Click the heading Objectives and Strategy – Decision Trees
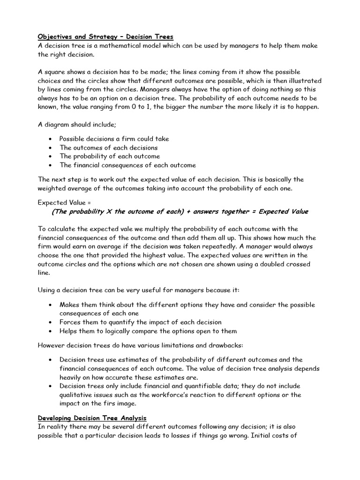[105, 37]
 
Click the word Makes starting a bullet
[69, 305]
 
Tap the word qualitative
[76, 395]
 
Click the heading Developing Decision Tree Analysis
[92, 418]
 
